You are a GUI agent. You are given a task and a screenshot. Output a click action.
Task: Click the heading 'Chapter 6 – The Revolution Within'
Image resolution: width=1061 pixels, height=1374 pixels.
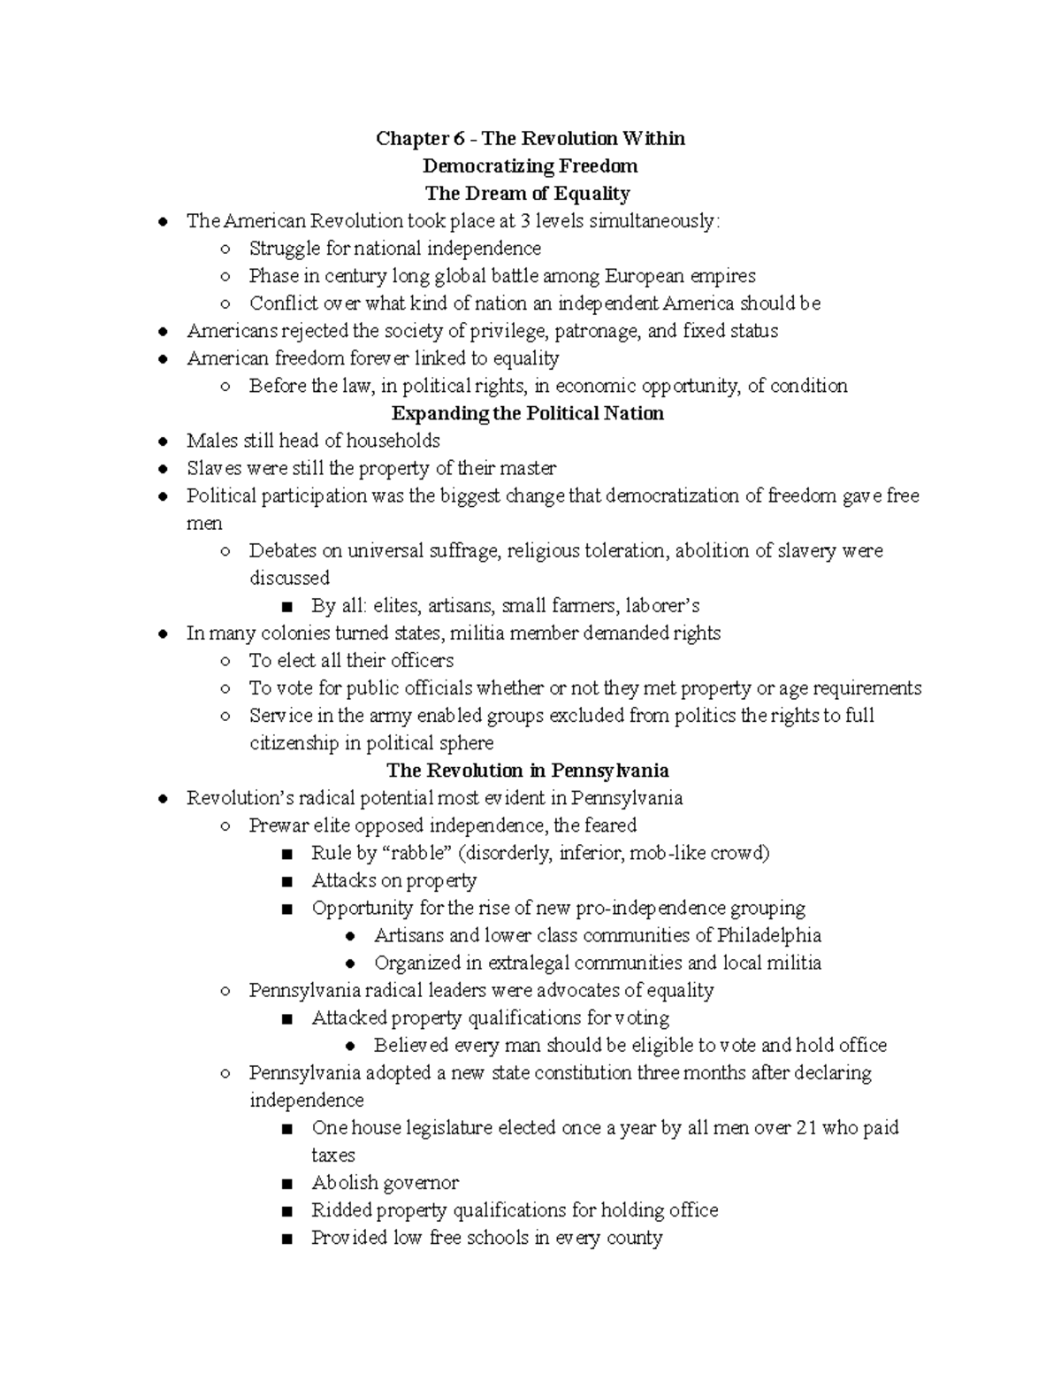coord(530,138)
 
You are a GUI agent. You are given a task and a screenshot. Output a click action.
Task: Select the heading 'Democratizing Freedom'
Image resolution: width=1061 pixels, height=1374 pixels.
coord(530,165)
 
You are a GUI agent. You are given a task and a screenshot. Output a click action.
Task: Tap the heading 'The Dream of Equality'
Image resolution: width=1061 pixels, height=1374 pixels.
coord(527,193)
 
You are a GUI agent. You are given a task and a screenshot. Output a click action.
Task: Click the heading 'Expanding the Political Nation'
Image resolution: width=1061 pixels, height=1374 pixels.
coord(527,413)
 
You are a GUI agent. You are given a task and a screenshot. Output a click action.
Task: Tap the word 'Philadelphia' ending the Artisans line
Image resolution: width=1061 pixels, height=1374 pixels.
coord(768,935)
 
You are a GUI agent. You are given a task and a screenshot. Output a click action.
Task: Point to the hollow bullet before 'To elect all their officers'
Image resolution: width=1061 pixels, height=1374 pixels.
coord(225,661)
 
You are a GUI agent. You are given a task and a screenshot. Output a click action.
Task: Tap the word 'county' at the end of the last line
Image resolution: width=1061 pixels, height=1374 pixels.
coord(634,1238)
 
